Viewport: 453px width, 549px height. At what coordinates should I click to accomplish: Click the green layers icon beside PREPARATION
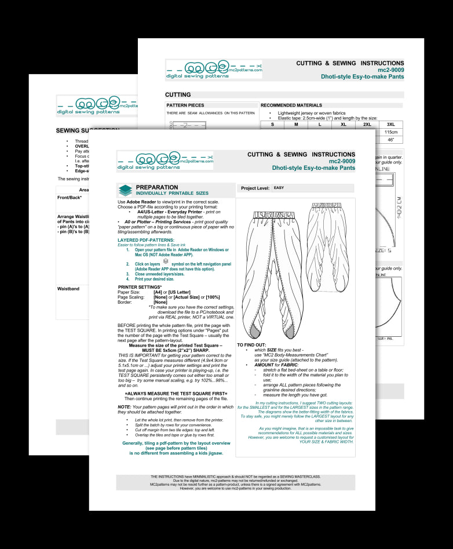[125, 190]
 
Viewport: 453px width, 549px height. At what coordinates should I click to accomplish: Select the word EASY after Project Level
[279, 188]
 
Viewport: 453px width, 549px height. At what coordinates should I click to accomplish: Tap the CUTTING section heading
[178, 94]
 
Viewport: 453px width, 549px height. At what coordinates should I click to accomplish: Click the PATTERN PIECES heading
[185, 106]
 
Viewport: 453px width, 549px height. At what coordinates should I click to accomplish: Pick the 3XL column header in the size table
[390, 124]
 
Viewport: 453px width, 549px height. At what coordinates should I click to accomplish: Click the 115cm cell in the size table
[390, 132]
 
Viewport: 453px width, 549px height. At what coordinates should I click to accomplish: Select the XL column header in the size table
[343, 124]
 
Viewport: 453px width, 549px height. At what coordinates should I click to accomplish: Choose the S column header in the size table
[272, 124]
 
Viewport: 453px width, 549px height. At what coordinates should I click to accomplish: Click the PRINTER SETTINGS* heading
[141, 287]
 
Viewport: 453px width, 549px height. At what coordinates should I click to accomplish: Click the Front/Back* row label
[70, 198]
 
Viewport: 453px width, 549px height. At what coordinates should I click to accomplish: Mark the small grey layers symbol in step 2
[166, 262]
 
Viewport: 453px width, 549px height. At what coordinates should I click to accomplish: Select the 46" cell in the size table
[390, 140]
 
